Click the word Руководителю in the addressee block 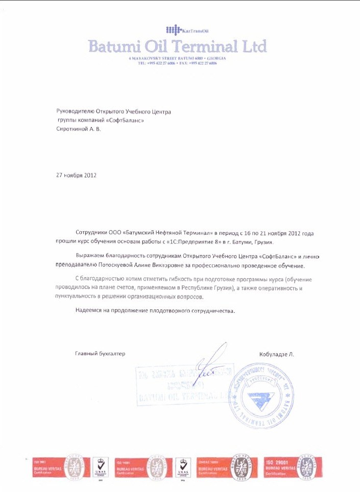[75, 111]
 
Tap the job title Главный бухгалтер [100, 353]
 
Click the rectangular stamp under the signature [184, 385]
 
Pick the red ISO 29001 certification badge [293, 466]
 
